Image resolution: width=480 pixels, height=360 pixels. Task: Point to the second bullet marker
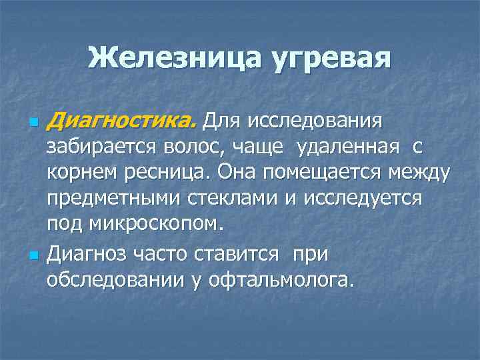31,255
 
